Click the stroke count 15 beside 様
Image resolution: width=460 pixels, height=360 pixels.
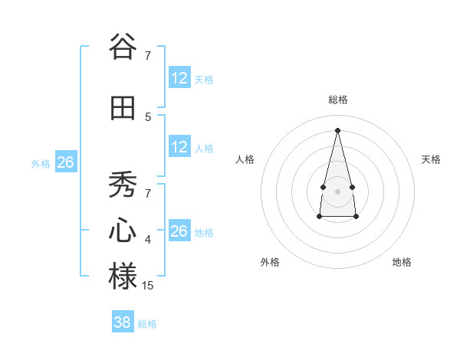click(x=149, y=286)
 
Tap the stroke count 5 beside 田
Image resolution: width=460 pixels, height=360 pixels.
click(x=148, y=116)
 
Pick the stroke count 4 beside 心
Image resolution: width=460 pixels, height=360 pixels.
click(x=148, y=241)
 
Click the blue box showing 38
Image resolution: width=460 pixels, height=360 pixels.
click(x=123, y=322)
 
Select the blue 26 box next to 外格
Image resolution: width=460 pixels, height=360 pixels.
click(x=65, y=162)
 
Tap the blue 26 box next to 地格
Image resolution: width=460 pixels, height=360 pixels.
click(x=179, y=231)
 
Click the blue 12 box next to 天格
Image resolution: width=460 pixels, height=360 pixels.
click(x=179, y=78)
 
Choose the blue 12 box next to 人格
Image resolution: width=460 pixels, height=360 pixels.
click(x=179, y=147)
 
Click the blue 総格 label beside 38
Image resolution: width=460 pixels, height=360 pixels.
click(x=147, y=324)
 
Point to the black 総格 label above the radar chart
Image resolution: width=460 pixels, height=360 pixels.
click(x=338, y=100)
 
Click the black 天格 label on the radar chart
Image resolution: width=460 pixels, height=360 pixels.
click(x=432, y=159)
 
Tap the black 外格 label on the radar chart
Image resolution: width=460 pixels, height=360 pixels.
click(x=270, y=263)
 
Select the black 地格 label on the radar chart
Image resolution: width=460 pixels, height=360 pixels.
click(x=402, y=263)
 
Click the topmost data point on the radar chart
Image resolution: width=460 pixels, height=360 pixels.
click(x=337, y=129)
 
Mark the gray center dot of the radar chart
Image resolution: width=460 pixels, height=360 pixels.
click(x=337, y=191)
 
